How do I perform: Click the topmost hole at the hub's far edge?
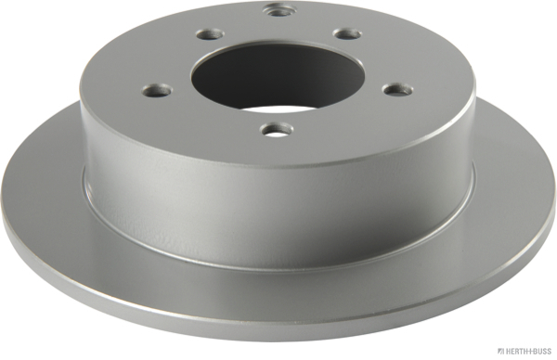(x=278, y=11)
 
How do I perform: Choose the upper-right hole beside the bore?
(x=346, y=33)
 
